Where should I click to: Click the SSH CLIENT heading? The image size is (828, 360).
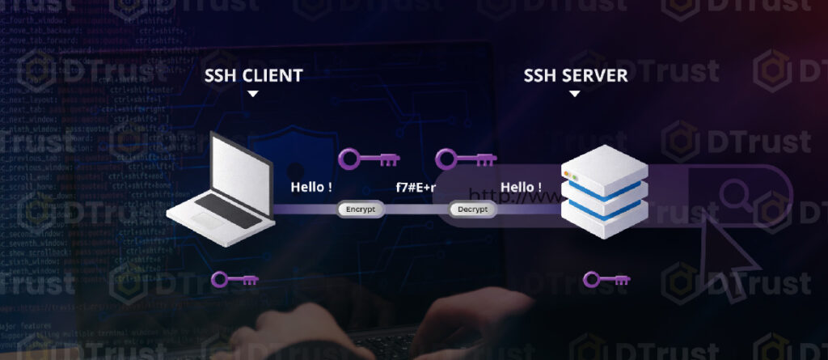click(x=253, y=76)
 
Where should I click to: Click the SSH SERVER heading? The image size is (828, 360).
click(x=575, y=76)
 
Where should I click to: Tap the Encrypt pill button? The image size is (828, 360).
click(x=361, y=210)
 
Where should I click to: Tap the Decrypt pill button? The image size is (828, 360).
click(x=473, y=210)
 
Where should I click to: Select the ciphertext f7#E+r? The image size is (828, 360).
click(x=416, y=188)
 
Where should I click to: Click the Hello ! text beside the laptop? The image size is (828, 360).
click(x=311, y=188)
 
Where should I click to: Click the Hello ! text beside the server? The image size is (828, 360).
click(x=521, y=188)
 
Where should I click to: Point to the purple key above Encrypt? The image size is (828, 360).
click(x=361, y=158)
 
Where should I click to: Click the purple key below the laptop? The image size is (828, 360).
click(x=234, y=281)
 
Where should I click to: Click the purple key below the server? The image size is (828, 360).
click(x=606, y=281)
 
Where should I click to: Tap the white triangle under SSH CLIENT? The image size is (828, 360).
click(x=253, y=94)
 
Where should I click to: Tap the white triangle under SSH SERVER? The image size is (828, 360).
click(x=575, y=94)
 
